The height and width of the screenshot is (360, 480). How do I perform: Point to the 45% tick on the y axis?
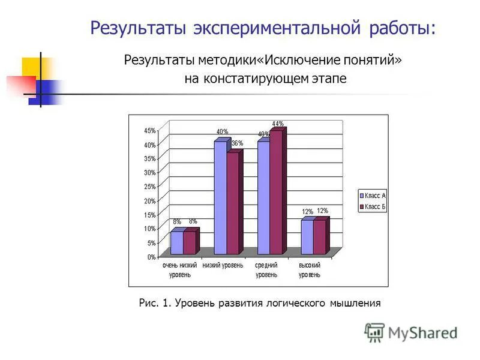149,131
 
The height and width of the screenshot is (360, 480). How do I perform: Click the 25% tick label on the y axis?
149,187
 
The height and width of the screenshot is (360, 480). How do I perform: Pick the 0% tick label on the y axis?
151,257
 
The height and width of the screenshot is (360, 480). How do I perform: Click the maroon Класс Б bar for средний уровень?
276,192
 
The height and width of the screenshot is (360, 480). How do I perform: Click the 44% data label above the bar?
278,124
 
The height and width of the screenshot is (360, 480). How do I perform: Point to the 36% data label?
237,143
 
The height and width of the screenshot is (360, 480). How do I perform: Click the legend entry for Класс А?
373,195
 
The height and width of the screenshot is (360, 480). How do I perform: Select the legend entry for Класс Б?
373,207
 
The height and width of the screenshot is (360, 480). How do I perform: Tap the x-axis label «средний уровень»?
266,270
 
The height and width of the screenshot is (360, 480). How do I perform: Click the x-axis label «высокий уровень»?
310,270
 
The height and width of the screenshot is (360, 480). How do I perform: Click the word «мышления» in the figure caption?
354,304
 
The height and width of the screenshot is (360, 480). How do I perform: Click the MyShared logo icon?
374,332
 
